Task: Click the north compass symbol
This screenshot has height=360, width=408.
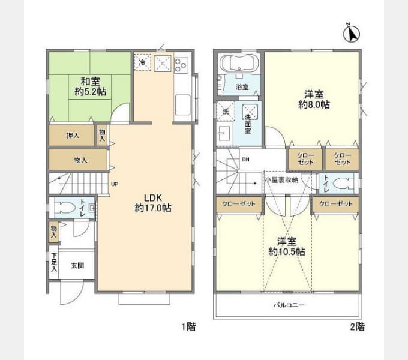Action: click(x=351, y=34)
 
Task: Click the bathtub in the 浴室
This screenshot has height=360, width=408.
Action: click(x=239, y=62)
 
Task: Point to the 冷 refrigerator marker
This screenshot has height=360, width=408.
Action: click(x=142, y=62)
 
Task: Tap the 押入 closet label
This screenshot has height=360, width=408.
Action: click(x=71, y=136)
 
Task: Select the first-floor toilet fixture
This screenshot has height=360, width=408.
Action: click(x=70, y=209)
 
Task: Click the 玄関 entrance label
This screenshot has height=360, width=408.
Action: click(x=77, y=266)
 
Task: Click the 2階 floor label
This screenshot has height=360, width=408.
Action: click(x=357, y=327)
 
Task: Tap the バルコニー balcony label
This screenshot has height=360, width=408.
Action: click(x=289, y=305)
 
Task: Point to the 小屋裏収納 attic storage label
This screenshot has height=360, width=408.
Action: click(x=281, y=179)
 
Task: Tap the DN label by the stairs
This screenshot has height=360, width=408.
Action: click(x=245, y=160)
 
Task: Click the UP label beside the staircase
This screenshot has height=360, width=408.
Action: click(x=114, y=184)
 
